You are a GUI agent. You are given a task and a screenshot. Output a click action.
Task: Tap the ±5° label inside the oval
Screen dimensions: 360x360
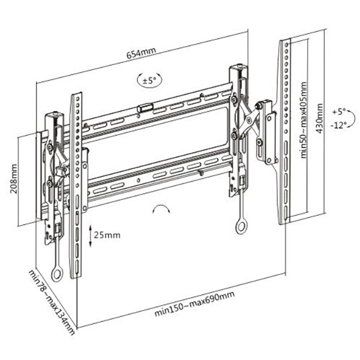[149, 79]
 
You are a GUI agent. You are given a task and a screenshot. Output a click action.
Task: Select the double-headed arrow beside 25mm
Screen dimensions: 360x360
[90, 235]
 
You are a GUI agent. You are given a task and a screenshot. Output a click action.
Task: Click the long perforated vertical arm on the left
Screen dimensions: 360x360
[76, 186]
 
